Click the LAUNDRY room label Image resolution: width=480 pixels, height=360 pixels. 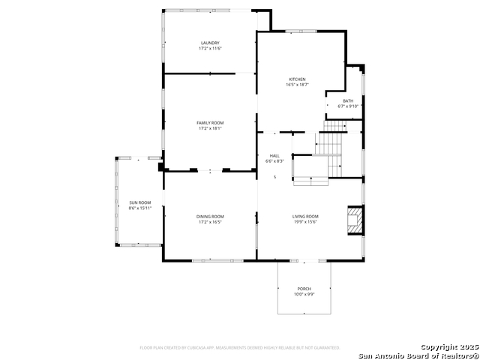click(210, 43)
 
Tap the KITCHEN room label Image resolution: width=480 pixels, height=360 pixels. click(297, 79)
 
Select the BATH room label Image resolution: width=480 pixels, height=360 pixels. click(348, 100)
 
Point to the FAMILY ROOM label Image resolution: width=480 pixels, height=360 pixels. click(210, 123)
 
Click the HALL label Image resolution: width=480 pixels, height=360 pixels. click(274, 156)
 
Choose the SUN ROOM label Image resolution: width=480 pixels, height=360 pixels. click(139, 202)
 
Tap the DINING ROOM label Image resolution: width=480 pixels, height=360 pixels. click(210, 216)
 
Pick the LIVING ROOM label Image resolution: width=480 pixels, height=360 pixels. click(305, 216)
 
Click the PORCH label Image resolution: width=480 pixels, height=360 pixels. click(304, 289)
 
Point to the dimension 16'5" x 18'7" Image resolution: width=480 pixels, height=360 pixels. click(297, 85)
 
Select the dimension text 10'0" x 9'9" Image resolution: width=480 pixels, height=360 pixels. click(304, 294)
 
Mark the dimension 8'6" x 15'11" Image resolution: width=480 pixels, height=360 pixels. click(139, 208)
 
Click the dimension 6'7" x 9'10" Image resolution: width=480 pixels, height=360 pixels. click(348, 106)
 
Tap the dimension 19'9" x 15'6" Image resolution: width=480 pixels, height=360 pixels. click(305, 221)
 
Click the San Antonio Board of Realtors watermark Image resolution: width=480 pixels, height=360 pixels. click(418, 355)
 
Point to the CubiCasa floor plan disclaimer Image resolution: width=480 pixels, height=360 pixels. click(239, 348)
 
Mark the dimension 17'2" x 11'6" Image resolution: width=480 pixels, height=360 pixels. click(210, 48)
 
